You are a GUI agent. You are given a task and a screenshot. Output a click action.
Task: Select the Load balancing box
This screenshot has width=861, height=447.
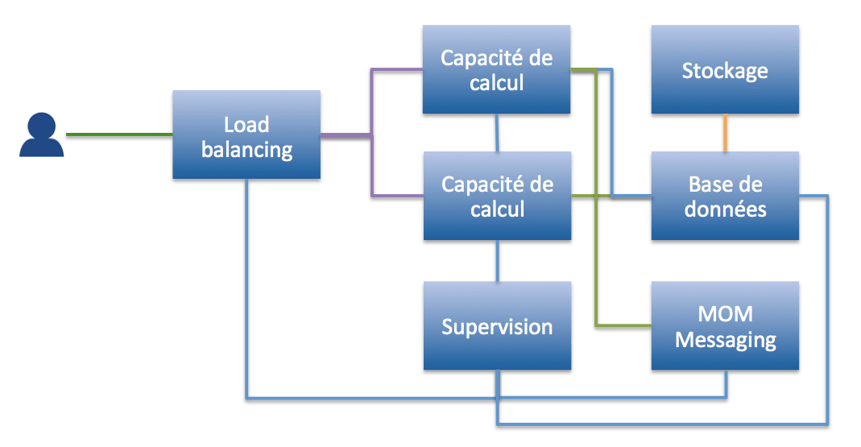(x=246, y=135)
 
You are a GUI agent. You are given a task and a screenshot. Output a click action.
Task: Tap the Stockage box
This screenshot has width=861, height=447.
(x=725, y=70)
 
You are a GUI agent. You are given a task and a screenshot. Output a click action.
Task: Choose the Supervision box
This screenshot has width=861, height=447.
(x=497, y=326)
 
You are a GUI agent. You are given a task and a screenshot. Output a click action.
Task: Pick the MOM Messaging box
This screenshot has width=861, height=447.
(x=725, y=326)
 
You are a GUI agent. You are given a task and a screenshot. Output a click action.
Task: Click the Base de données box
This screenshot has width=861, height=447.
(x=725, y=196)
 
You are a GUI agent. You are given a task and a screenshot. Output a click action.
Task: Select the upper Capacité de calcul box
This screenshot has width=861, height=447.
(x=497, y=70)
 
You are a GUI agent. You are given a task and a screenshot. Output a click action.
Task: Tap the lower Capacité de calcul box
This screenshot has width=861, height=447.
(x=497, y=196)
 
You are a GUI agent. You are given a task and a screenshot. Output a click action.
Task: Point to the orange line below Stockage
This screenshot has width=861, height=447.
(x=725, y=132)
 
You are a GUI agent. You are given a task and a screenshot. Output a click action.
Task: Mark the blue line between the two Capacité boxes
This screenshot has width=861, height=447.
(x=497, y=132)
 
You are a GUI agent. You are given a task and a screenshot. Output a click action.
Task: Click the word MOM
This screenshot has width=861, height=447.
(x=726, y=314)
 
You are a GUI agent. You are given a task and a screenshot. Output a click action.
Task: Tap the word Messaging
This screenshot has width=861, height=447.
(x=725, y=340)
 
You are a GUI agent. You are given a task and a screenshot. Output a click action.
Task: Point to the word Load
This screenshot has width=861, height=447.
(x=246, y=124)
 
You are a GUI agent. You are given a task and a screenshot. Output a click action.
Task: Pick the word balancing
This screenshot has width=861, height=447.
(x=246, y=149)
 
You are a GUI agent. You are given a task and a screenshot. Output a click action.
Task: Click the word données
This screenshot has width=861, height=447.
(x=725, y=209)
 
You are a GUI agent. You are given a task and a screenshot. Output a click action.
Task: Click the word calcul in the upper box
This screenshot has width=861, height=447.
(x=497, y=83)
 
